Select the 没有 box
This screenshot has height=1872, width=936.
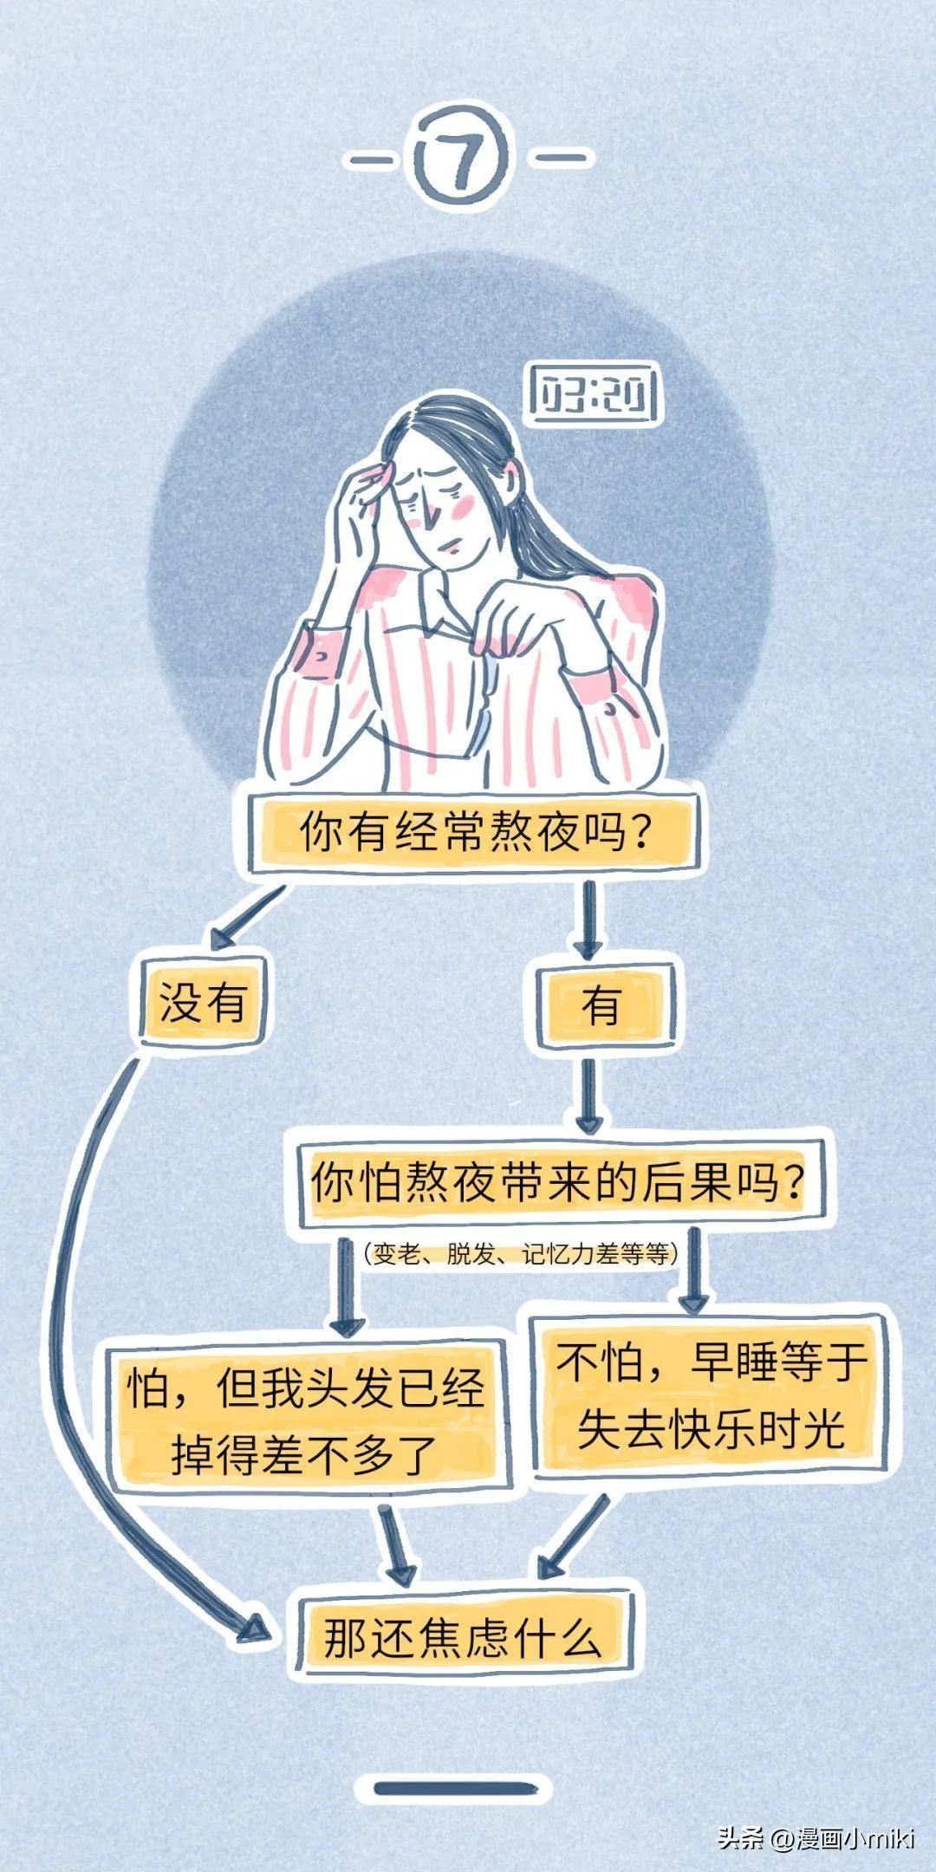coord(203,1003)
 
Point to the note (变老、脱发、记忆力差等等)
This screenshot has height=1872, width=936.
coord(520,1253)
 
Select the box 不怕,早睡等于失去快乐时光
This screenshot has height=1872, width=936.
coord(711,1395)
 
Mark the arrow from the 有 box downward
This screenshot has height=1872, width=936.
coord(589,1095)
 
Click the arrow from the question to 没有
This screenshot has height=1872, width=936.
coord(247,916)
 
